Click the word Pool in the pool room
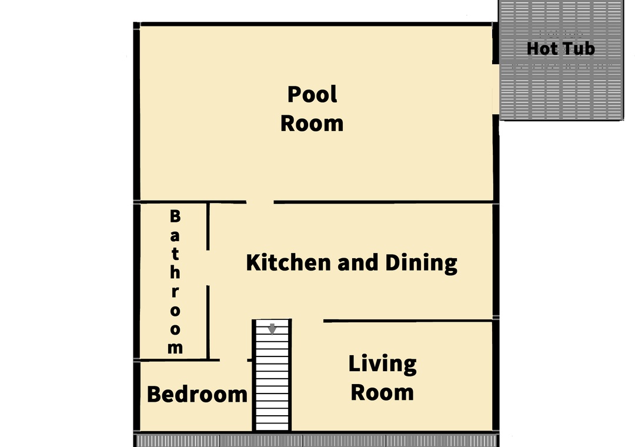[x=312, y=95]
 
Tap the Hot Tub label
[x=561, y=49]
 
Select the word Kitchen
[x=288, y=262]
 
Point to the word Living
[x=383, y=364]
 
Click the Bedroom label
[x=197, y=394]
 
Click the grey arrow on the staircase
[x=272, y=329]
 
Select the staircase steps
[x=272, y=375]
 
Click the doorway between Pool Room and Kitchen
[x=260, y=202]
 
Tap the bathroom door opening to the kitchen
[x=208, y=268]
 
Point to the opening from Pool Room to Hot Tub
[x=496, y=89]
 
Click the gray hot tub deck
[x=561, y=61]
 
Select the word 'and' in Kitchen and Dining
[x=358, y=262]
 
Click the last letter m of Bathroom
[x=175, y=348]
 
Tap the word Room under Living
[x=382, y=393]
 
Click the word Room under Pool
[x=312, y=123]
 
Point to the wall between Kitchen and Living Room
[x=408, y=321]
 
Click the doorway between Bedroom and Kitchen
[x=233, y=360]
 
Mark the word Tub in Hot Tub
[x=579, y=49]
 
